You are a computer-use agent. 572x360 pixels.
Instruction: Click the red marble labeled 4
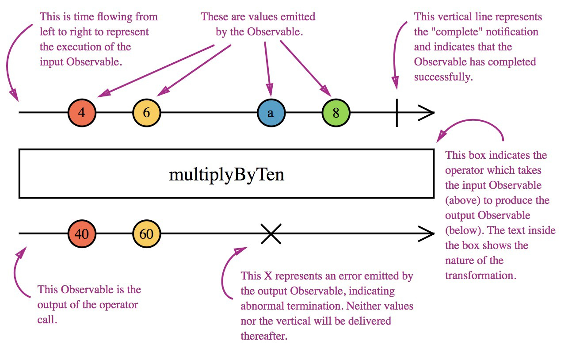82,113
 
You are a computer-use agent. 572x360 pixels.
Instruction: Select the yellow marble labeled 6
147,113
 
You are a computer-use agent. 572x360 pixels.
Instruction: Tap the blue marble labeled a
271,113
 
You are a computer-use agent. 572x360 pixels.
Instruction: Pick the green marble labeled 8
336,113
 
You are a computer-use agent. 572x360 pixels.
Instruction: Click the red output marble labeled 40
82,234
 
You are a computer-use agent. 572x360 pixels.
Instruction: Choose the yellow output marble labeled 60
147,234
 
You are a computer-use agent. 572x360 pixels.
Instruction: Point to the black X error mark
271,234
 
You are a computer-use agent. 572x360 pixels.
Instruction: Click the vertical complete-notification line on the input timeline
397,113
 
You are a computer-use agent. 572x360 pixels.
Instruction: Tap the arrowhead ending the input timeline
427,113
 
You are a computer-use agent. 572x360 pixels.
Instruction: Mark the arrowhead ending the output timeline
427,234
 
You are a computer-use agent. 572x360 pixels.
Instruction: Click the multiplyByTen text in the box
226,175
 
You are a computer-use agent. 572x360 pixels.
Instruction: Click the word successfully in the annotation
443,77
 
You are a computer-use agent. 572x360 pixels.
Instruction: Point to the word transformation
480,276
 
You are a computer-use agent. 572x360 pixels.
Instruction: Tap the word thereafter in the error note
264,336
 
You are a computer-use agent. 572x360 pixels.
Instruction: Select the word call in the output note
47,320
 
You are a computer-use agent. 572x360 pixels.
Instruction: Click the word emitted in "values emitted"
298,17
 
